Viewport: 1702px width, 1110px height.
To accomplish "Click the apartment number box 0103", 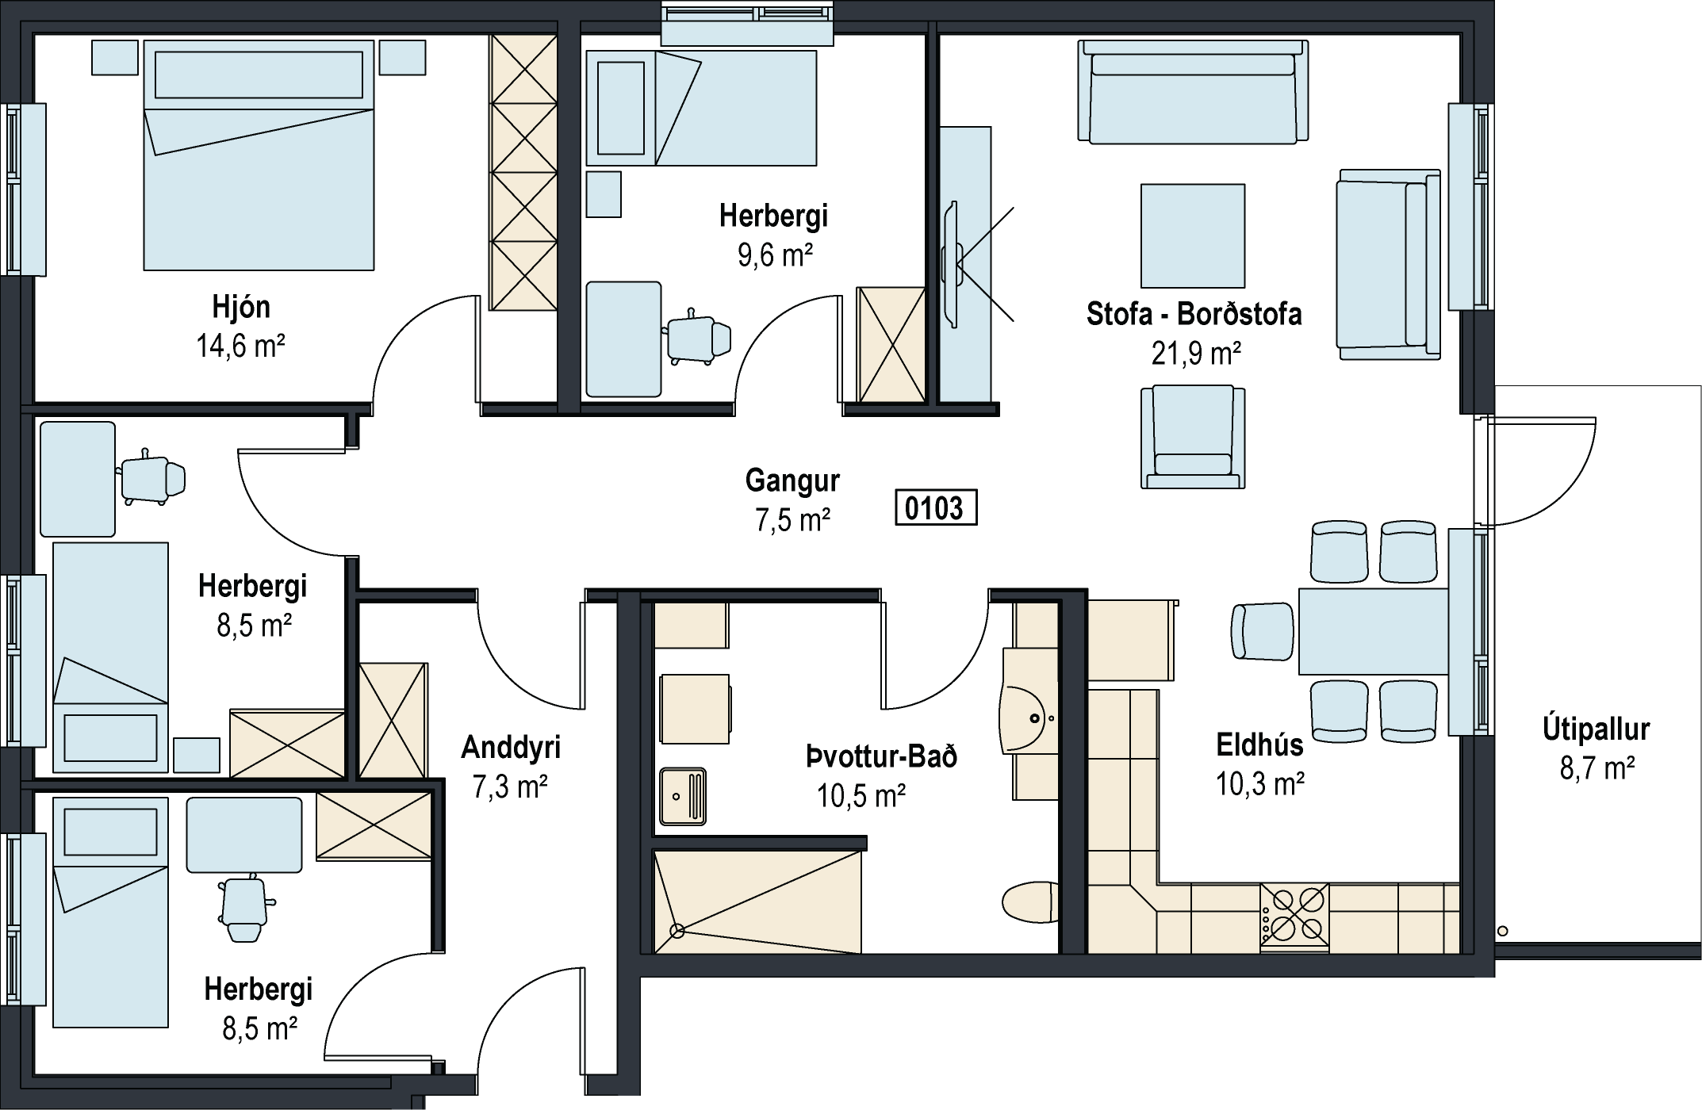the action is click(936, 507).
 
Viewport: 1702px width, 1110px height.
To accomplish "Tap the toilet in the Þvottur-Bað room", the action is click(1030, 902).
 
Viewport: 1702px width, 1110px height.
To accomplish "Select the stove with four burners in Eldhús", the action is click(1294, 917).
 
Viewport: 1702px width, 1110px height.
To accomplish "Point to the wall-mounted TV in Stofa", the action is click(949, 264).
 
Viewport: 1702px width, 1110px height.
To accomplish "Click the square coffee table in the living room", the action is click(1192, 235).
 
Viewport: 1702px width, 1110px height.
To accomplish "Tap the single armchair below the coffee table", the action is click(1193, 437).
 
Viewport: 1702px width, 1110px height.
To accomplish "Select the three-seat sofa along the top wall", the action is click(1193, 92).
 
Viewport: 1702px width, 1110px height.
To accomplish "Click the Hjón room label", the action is click(241, 308).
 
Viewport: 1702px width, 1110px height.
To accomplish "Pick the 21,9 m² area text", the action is click(1196, 354).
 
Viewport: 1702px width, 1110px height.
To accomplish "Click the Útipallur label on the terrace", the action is click(1596, 729).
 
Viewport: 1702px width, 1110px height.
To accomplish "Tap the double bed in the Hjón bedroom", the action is click(259, 155).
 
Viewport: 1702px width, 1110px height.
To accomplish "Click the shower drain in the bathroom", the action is click(677, 931).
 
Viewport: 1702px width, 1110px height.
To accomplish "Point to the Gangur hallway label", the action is click(792, 480).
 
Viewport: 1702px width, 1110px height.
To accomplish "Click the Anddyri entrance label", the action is click(511, 747).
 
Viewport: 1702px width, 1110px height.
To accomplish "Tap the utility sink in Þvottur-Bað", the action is click(683, 796).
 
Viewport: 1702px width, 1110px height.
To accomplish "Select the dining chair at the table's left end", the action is click(1263, 631).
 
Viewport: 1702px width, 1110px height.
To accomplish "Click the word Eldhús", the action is click(1260, 744).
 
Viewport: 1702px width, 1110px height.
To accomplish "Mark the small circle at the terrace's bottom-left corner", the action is click(1502, 931).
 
